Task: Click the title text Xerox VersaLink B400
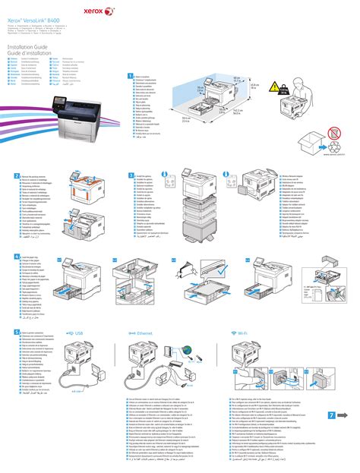pos(36,14)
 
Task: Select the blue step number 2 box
pos(9,175)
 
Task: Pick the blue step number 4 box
pos(9,258)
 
